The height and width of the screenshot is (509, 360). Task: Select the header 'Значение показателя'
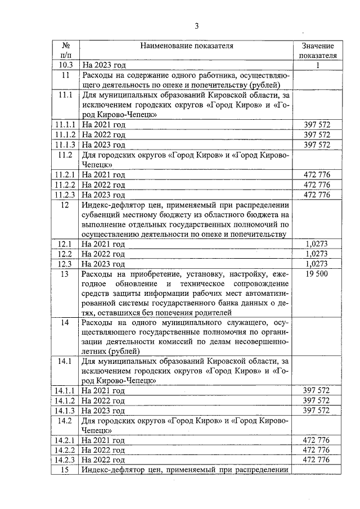[x=318, y=51]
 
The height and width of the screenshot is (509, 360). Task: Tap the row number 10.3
[x=66, y=65]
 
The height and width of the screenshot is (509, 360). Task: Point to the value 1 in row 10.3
[x=318, y=65]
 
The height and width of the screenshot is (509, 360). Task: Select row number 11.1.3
[x=66, y=145]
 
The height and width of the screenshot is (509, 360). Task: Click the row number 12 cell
[x=66, y=205]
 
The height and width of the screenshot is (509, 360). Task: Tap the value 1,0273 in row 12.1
[x=317, y=244]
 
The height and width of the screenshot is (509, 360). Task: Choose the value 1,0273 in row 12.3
[x=317, y=264]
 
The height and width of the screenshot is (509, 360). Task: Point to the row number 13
[x=66, y=274]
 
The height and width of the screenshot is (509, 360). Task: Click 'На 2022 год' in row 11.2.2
[x=103, y=184]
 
